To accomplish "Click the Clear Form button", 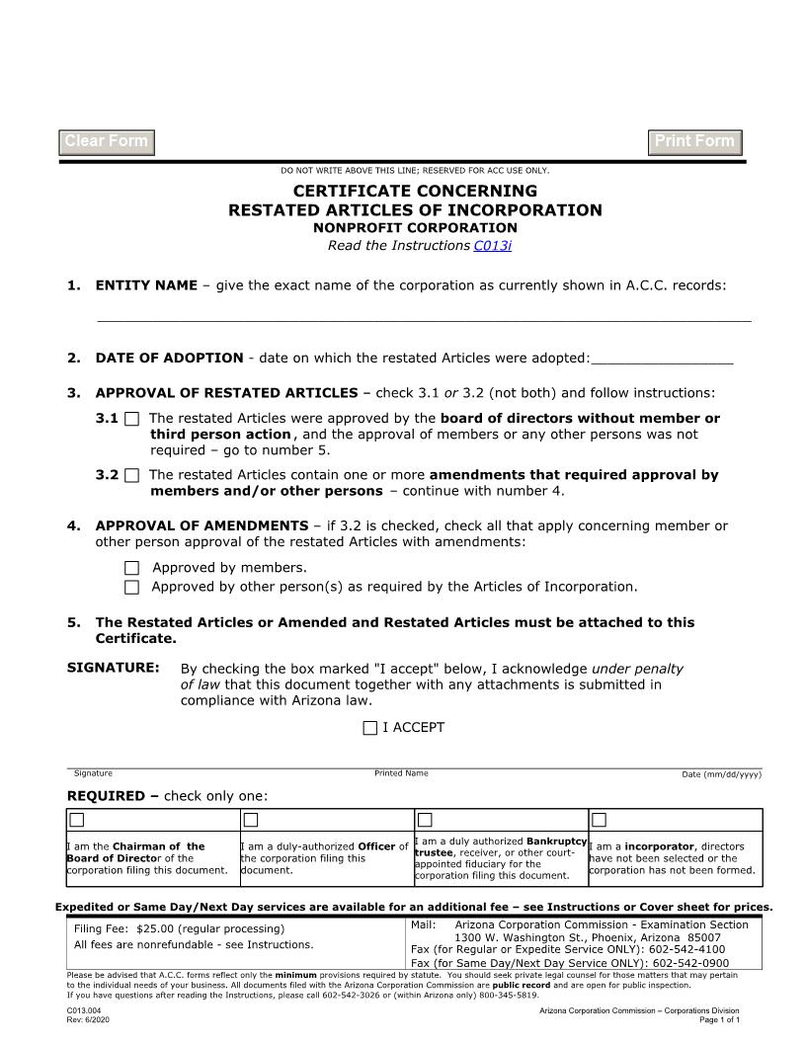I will coord(107,142).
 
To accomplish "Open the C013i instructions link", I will coord(492,245).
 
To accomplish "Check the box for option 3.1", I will coord(132,419).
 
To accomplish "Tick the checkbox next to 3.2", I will coord(132,475).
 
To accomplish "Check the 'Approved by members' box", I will coord(132,568).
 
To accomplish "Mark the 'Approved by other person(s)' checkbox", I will coord(132,588).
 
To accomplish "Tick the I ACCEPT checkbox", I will coord(370,728).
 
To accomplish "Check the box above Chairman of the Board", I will coord(77,820).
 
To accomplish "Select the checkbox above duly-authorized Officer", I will coord(251,820).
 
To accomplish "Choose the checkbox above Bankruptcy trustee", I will coord(426,820).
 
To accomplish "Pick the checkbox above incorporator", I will coord(599,820).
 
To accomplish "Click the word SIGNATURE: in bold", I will coord(113,669).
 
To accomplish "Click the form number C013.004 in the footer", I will coord(86,1010).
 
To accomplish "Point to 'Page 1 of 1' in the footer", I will coord(718,1019).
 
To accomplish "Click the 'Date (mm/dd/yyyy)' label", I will coord(721,774).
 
